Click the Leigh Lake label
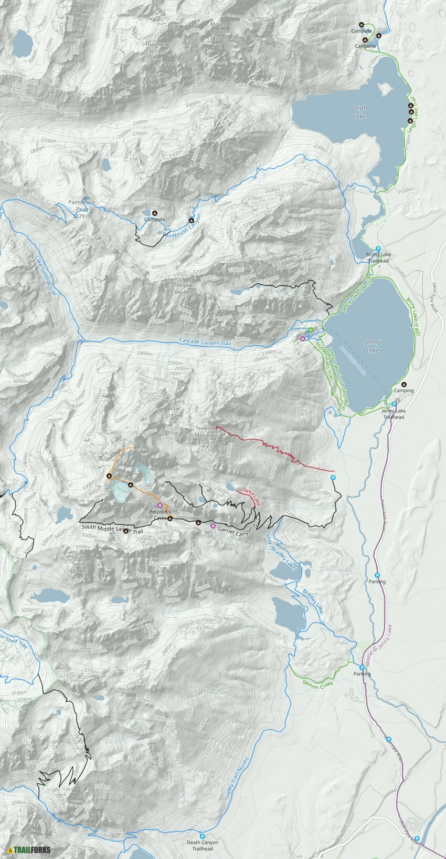point(359,112)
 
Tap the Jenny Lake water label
point(373,346)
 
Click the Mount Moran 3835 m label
point(219,31)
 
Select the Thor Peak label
point(158,48)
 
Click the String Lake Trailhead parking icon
point(378,249)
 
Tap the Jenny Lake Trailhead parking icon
point(394,405)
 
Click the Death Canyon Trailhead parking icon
point(203,836)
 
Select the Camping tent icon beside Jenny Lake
point(403,384)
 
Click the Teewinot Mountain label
point(206,435)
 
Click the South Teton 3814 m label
point(78,563)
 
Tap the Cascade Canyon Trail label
point(205,341)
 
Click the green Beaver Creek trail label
point(318,684)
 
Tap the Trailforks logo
point(29,850)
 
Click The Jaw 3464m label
point(183,288)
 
